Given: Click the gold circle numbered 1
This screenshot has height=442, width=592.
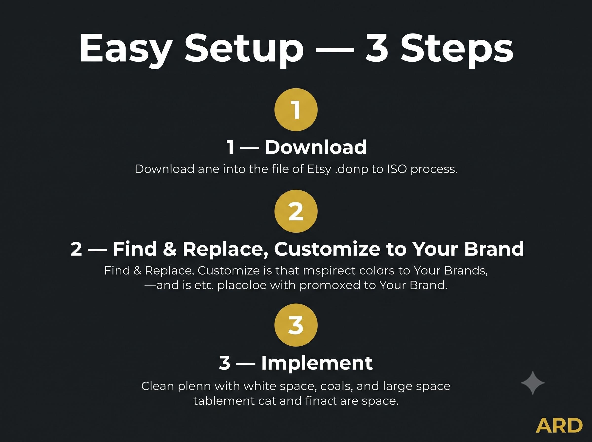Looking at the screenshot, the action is click(296, 110).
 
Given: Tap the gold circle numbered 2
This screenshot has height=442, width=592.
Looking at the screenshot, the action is click(296, 211).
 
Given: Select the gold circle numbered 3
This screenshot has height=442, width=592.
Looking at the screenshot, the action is click(296, 325).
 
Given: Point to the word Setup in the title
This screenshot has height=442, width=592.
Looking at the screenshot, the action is click(244, 50).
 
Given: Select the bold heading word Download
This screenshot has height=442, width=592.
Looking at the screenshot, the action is click(316, 147).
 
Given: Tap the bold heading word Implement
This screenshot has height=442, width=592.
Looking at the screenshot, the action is click(317, 364).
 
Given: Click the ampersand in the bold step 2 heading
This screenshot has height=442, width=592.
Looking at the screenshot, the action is click(170, 249).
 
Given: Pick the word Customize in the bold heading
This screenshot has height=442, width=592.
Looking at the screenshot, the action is click(327, 249).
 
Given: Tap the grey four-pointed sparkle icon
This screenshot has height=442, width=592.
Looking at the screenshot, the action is click(533, 383).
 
